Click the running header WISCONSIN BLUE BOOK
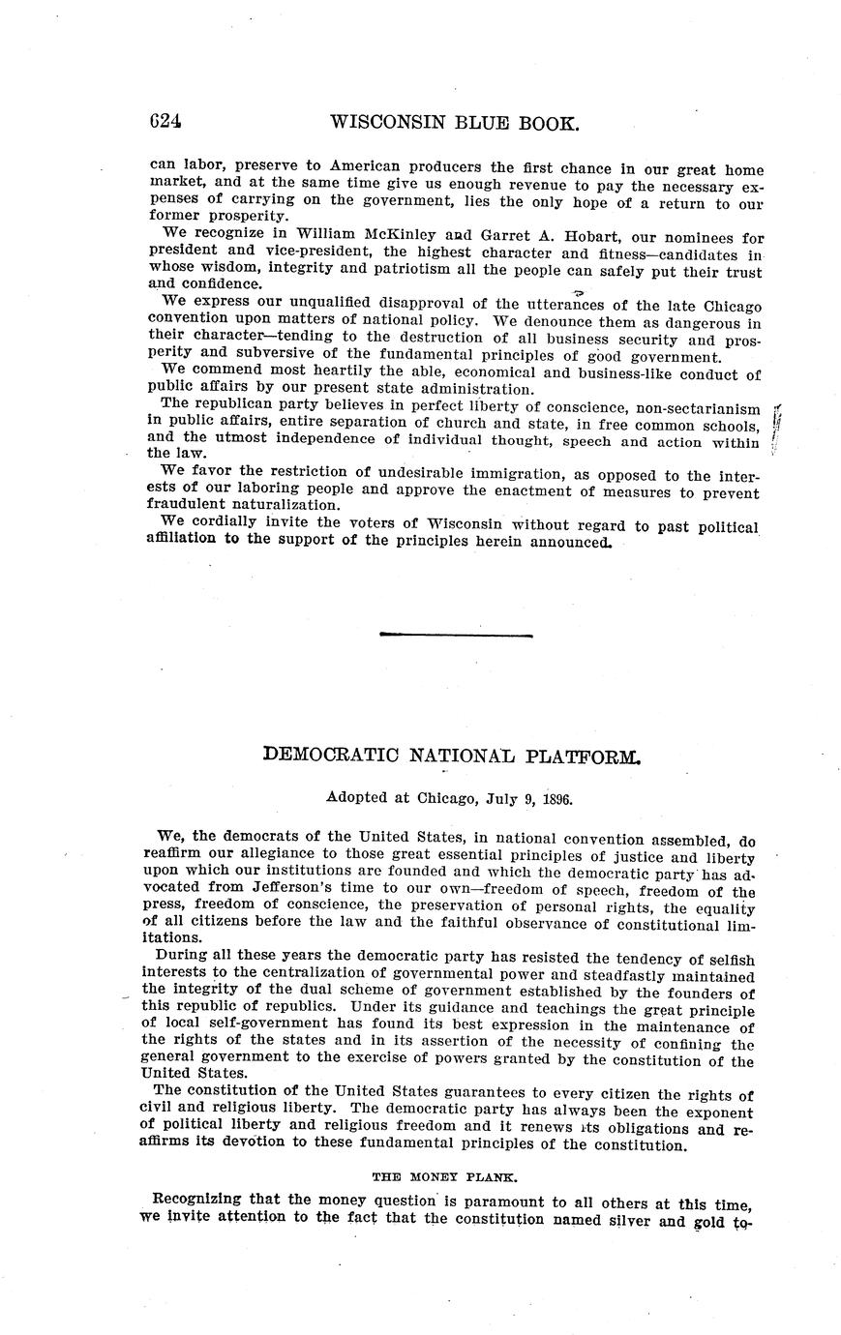[455, 123]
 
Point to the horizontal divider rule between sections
[456, 635]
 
